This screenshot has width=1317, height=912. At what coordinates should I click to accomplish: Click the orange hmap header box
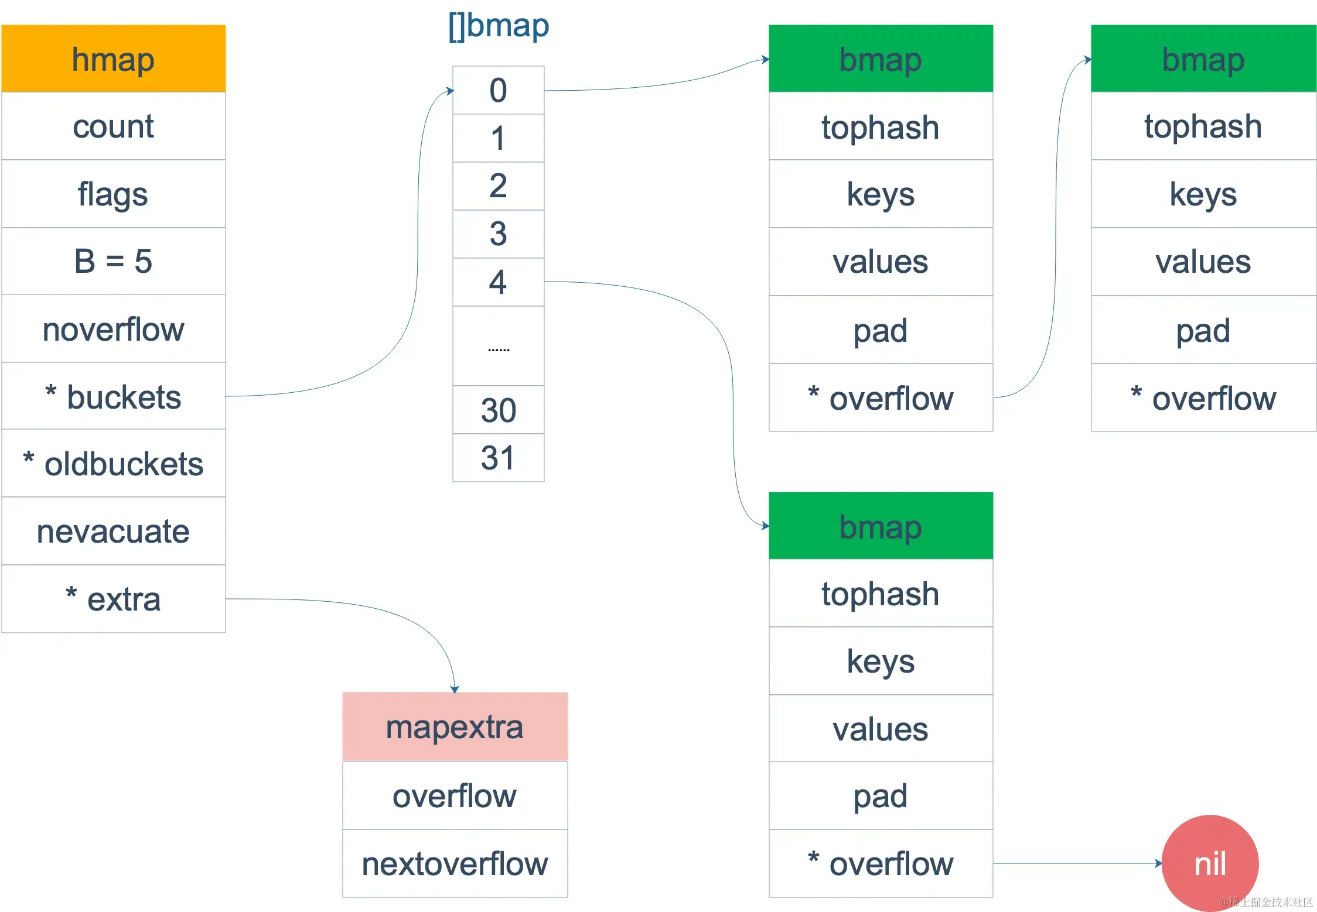click(x=113, y=59)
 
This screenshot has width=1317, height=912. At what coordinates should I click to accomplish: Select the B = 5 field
click(x=113, y=261)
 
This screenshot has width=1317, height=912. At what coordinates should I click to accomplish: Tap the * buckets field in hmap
click(x=113, y=397)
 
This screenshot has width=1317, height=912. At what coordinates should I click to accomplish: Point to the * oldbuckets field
click(x=113, y=464)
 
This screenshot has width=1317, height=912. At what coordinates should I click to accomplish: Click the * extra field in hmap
click(x=113, y=599)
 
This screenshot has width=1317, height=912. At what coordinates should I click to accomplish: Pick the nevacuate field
click(x=113, y=532)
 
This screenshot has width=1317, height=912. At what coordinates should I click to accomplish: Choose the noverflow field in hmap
click(x=113, y=329)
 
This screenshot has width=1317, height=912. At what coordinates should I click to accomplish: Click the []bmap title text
click(x=498, y=26)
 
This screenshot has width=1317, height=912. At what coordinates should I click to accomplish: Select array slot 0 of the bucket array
click(x=498, y=90)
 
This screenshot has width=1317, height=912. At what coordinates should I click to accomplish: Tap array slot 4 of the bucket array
click(x=498, y=282)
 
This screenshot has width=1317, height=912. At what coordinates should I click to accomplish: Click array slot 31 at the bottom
click(x=498, y=458)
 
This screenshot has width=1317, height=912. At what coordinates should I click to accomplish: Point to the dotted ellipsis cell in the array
click(x=498, y=347)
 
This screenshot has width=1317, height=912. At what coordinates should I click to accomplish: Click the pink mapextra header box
click(x=455, y=727)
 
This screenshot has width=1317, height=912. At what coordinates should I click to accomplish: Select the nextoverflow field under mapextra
click(x=455, y=863)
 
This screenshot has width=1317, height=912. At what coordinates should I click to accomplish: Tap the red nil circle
click(x=1210, y=863)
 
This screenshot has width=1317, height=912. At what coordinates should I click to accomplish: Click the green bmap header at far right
click(x=1203, y=59)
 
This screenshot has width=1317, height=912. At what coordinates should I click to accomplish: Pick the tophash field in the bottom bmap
click(x=881, y=594)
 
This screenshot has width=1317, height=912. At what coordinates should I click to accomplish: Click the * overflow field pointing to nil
click(x=881, y=863)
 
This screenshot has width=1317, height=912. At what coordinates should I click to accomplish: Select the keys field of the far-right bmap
click(x=1203, y=194)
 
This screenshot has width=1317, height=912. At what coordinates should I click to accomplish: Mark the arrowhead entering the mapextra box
click(x=455, y=690)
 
